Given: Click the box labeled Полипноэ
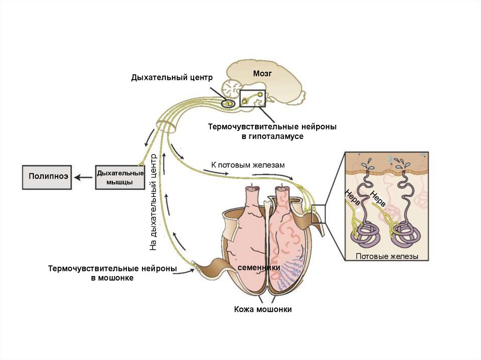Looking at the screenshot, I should (x=47, y=177).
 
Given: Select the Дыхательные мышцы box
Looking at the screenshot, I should (x=120, y=177).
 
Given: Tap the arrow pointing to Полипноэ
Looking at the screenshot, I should (x=85, y=177).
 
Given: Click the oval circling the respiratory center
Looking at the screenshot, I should (x=228, y=102).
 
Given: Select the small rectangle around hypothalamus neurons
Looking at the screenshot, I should (x=252, y=98).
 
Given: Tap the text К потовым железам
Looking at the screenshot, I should (x=248, y=165).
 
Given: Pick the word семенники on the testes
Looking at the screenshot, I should (x=259, y=267).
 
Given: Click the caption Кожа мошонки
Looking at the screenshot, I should (x=263, y=309).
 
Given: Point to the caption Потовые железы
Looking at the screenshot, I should (x=387, y=256).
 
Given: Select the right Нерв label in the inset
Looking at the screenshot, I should (x=378, y=199).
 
